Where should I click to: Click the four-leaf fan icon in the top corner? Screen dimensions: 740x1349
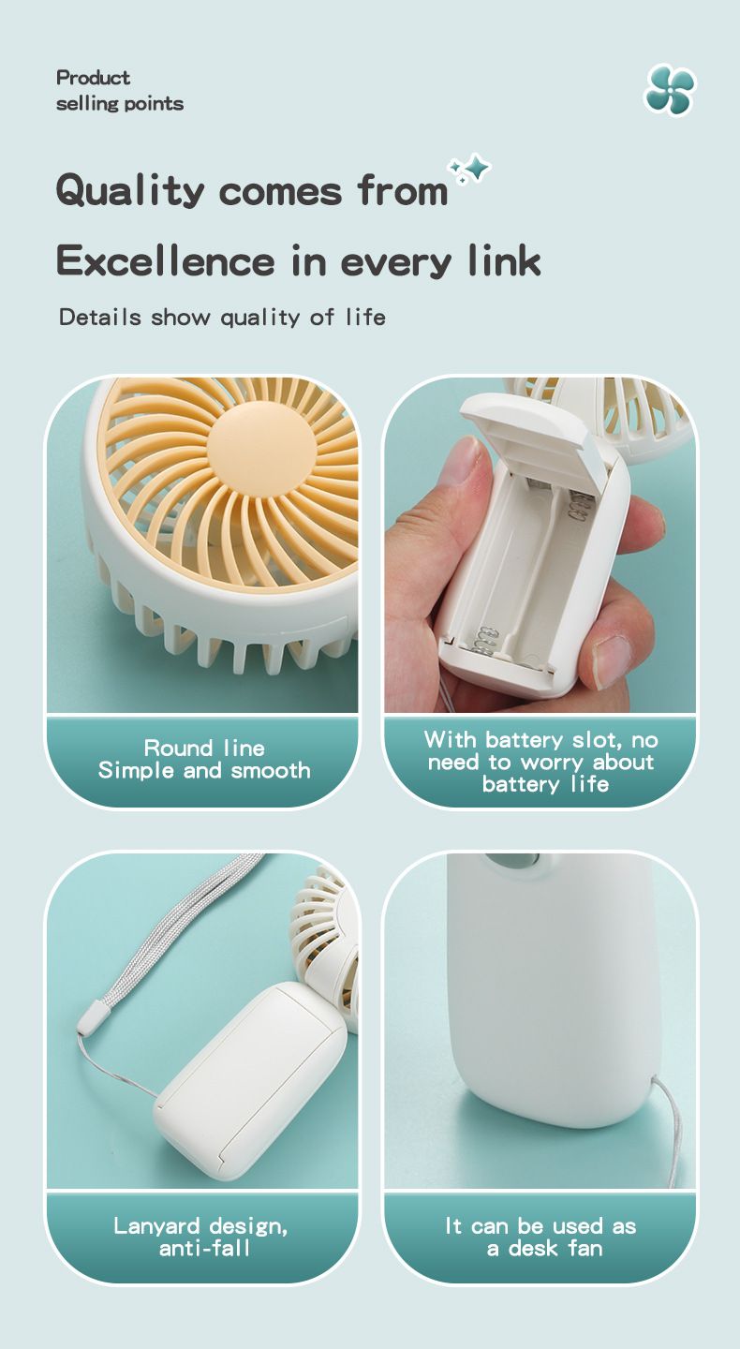point(670,90)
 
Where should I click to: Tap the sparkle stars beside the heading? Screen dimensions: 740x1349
point(469,170)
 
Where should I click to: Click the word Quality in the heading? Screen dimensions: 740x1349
point(130,190)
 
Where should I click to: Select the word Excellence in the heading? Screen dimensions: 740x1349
point(166,261)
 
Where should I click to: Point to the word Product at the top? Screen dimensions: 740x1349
point(93,78)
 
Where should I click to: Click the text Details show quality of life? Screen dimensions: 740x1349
point(222,317)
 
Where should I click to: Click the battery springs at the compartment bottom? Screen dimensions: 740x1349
point(486,640)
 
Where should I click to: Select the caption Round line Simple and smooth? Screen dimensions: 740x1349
point(204,759)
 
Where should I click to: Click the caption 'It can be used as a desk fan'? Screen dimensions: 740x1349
point(540,1237)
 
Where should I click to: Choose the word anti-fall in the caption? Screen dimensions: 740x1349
point(204,1249)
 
